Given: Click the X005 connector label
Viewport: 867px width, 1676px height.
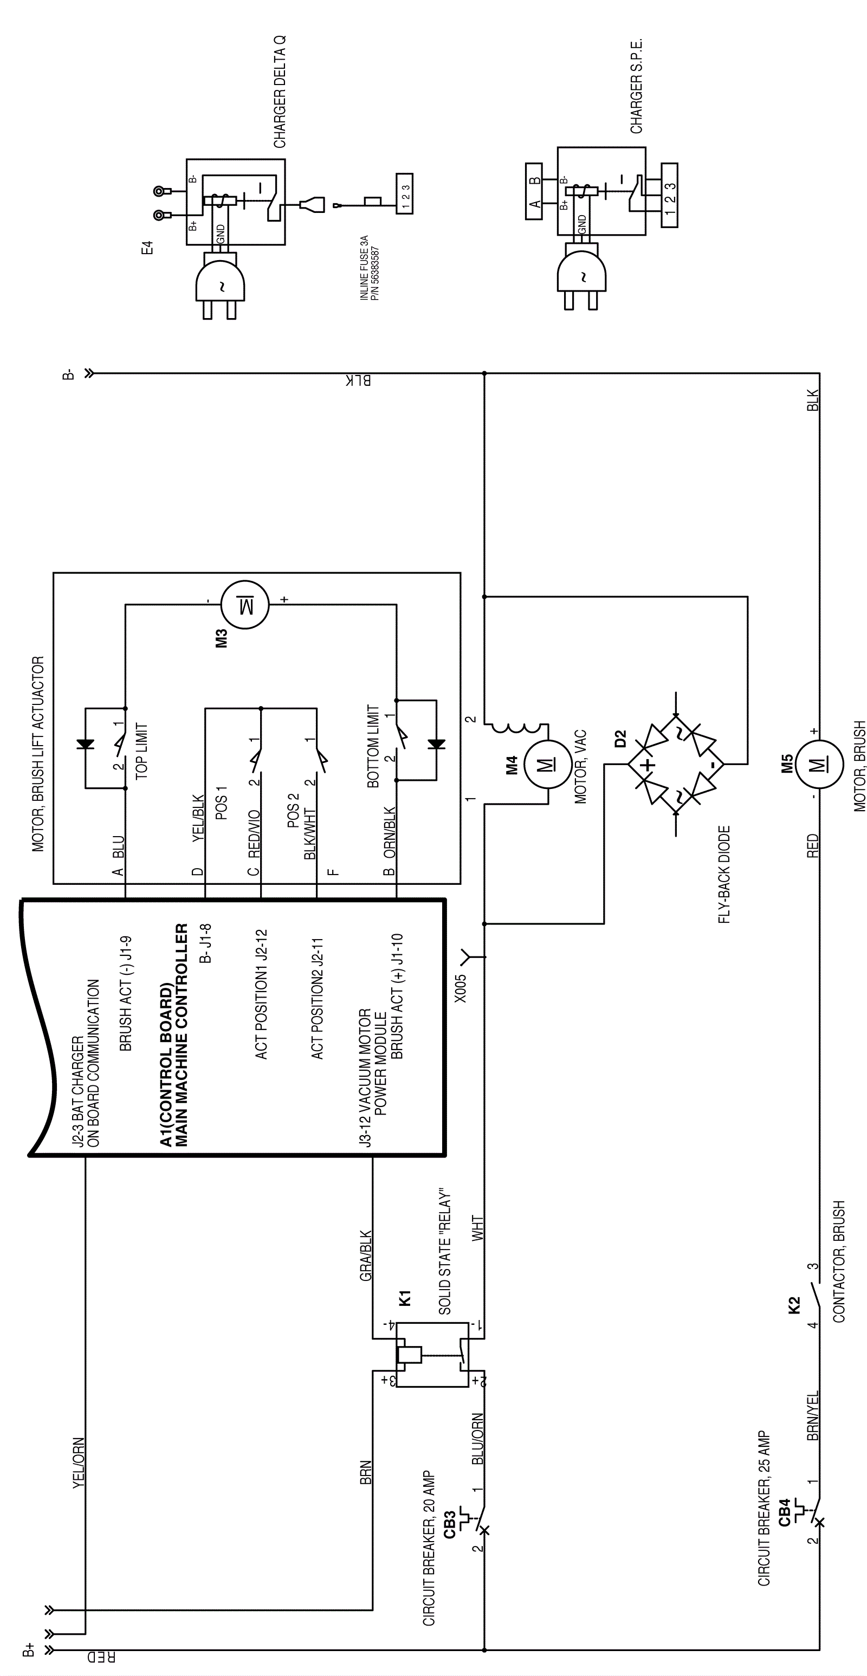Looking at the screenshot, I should pos(461,989).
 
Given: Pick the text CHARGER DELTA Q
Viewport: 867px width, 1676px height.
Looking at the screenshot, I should pos(280,92).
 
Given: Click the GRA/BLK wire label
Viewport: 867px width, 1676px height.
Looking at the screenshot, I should pos(366,1255).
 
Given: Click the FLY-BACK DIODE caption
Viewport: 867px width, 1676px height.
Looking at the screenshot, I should pos(724,875).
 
